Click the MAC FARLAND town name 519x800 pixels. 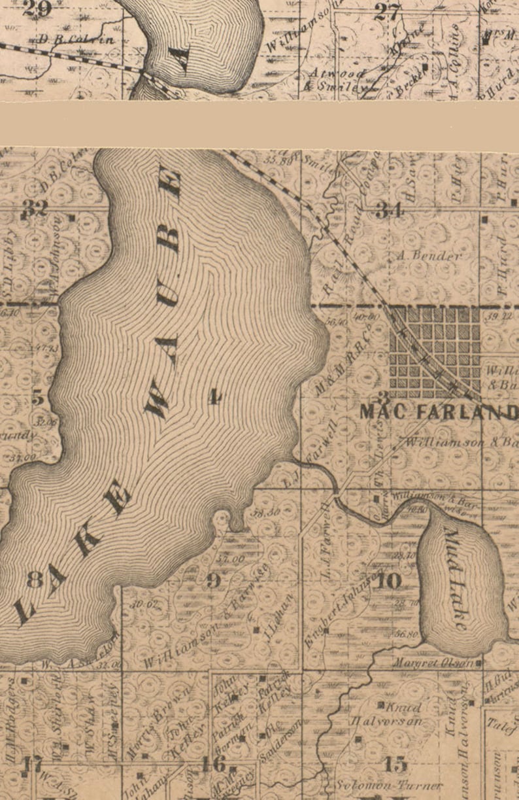pos(439,413)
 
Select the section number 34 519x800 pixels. pos(390,211)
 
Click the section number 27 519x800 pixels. pos(388,13)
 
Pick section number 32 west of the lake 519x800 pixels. pos(34,209)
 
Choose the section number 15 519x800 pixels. pos(395,763)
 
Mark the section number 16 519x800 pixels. pos(214,763)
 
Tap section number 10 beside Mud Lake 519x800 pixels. pos(389,580)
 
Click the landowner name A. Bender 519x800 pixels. pos(429,256)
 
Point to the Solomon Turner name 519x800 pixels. pos(390,785)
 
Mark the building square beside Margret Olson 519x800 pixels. pos(479,663)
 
